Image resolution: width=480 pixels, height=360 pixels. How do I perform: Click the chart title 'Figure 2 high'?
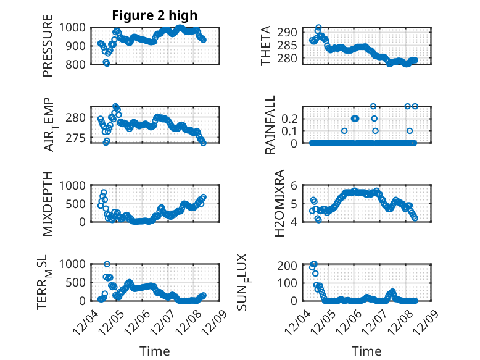154,15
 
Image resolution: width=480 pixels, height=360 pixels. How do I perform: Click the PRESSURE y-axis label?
48,51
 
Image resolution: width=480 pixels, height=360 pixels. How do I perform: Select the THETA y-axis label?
266,46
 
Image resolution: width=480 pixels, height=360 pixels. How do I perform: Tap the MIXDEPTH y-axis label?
48,204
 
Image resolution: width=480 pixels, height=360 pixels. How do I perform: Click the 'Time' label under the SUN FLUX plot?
366,351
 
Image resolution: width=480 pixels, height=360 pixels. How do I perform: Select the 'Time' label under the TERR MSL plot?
154,351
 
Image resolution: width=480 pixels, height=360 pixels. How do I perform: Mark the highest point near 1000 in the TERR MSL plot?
107,264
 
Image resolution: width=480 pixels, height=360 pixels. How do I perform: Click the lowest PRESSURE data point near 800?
106,63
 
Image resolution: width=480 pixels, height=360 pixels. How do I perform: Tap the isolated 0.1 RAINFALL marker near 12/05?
344,131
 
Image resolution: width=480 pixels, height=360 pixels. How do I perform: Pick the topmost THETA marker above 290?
318,28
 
